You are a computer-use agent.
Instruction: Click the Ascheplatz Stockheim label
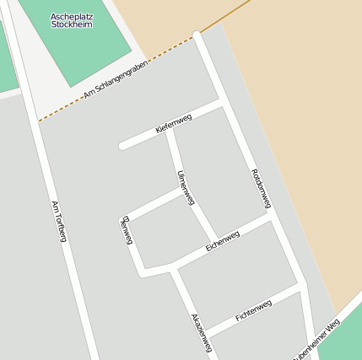(x=72, y=19)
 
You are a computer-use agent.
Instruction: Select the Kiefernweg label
(x=174, y=124)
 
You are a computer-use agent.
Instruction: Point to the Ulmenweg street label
(x=186, y=188)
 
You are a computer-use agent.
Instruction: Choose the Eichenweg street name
(x=223, y=241)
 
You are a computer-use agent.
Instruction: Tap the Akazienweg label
(x=202, y=333)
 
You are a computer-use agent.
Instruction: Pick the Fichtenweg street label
(x=253, y=310)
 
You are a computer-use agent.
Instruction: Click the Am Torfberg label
(x=58, y=222)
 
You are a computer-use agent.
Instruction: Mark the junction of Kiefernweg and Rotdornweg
(x=222, y=102)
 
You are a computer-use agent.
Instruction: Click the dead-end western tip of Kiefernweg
(x=123, y=147)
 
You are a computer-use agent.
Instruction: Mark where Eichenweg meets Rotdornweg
(x=269, y=213)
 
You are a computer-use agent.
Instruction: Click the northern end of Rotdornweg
(x=197, y=35)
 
